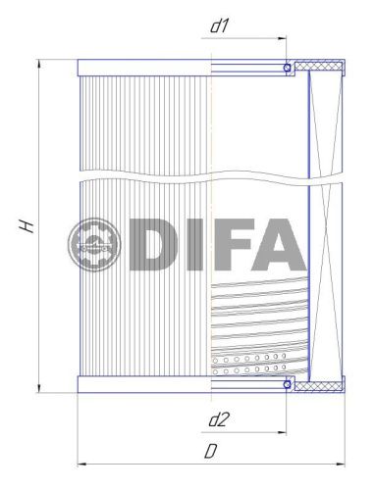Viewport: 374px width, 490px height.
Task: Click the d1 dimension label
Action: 220,25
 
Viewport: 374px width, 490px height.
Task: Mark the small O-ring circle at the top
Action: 288,69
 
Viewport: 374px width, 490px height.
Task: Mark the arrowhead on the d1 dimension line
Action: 282,40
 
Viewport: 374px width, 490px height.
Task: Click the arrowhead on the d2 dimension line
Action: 282,432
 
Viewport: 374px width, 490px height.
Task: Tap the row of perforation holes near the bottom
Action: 250,371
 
